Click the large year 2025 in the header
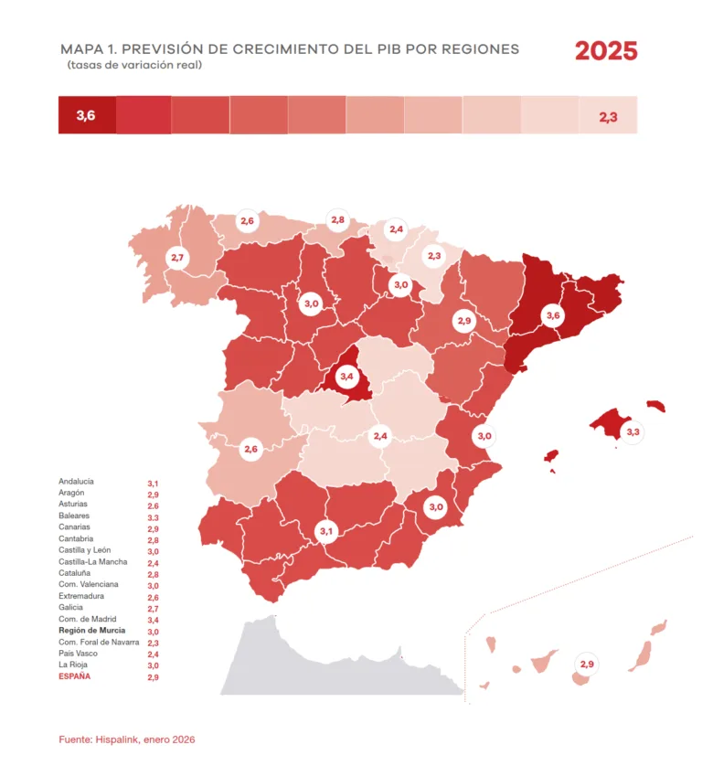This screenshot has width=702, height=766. (605, 51)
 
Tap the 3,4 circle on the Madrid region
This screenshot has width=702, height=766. (346, 376)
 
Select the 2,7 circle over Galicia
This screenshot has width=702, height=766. (177, 259)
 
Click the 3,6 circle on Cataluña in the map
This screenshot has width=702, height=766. (552, 316)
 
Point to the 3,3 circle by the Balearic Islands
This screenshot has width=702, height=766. (633, 431)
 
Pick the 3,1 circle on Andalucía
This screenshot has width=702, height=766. (326, 531)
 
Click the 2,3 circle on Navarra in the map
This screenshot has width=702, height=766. (434, 257)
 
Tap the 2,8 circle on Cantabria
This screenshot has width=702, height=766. (337, 220)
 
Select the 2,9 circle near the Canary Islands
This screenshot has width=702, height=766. (587, 664)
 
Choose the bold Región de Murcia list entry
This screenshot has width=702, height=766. (91, 631)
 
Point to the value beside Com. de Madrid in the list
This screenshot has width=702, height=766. (154, 620)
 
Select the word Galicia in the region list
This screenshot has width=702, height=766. (71, 607)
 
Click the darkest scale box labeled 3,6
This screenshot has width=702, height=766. (87, 115)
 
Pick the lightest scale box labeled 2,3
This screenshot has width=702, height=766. (608, 116)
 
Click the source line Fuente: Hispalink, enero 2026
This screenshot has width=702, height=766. (127, 739)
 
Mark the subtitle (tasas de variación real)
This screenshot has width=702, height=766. (133, 66)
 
